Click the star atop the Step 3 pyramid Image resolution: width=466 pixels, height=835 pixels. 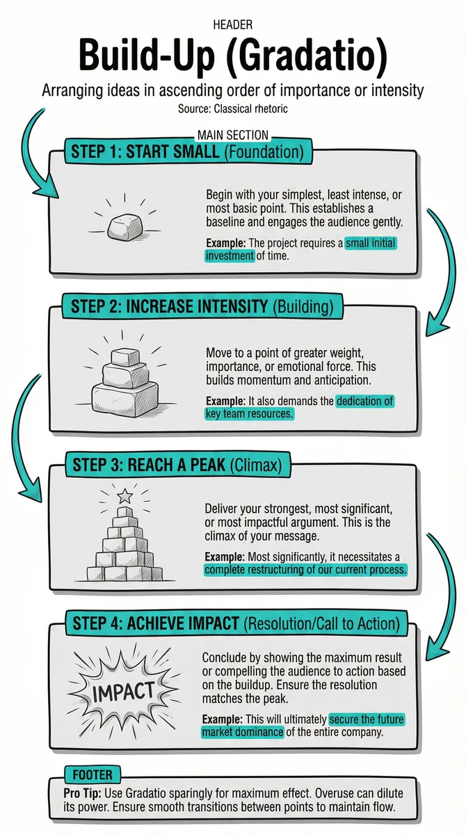[x=124, y=496]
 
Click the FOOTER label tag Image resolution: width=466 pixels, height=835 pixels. [x=93, y=774]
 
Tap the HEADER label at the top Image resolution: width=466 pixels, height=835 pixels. [x=233, y=25]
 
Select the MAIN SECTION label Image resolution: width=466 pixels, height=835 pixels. [x=233, y=135]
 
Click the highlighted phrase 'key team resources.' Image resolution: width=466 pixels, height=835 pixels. [x=249, y=414]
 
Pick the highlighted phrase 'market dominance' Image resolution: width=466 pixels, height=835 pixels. [x=243, y=732]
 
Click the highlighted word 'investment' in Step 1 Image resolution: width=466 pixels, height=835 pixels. [x=230, y=256]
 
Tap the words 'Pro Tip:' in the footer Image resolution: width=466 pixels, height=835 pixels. [x=82, y=793]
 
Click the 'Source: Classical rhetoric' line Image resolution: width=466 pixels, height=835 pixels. [x=233, y=109]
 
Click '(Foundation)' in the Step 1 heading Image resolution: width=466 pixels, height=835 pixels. [x=264, y=152]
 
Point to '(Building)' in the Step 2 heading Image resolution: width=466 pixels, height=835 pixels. [x=303, y=306]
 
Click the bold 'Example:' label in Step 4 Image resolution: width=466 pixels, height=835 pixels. [x=223, y=719]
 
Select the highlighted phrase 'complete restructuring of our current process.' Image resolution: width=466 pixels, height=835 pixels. [x=305, y=570]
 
